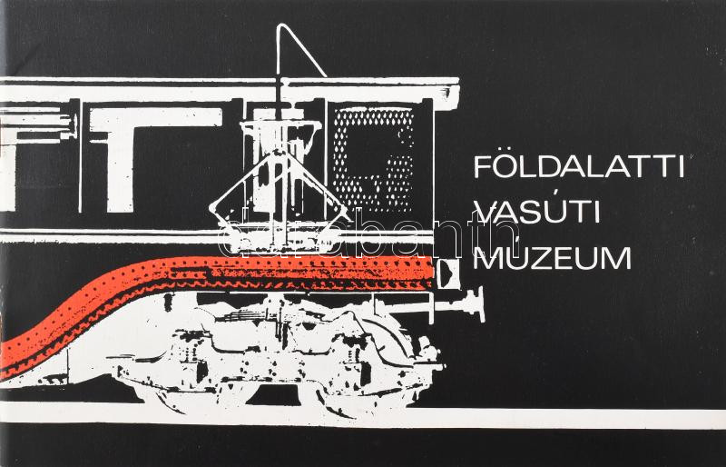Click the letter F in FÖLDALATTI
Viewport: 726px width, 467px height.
[484, 167]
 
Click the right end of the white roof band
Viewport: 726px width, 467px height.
[458, 93]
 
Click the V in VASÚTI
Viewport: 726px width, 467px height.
[486, 214]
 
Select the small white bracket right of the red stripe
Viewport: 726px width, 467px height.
[447, 273]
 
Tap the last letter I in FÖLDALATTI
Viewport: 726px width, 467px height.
[681, 167]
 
